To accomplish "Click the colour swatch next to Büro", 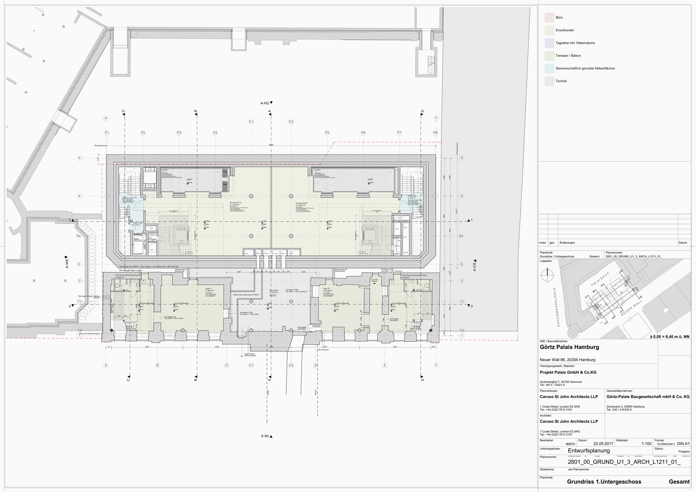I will point(549,18).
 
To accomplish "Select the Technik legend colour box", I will point(549,81).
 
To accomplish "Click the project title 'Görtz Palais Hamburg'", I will point(569,347).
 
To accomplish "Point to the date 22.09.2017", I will point(603,443).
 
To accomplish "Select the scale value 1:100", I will point(646,443).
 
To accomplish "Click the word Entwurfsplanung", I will point(589,451).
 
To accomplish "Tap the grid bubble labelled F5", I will point(327,133).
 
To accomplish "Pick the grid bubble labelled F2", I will point(143,133).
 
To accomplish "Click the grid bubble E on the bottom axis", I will point(385,365).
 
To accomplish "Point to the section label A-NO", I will point(265,103).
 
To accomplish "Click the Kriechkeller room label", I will point(274,290).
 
